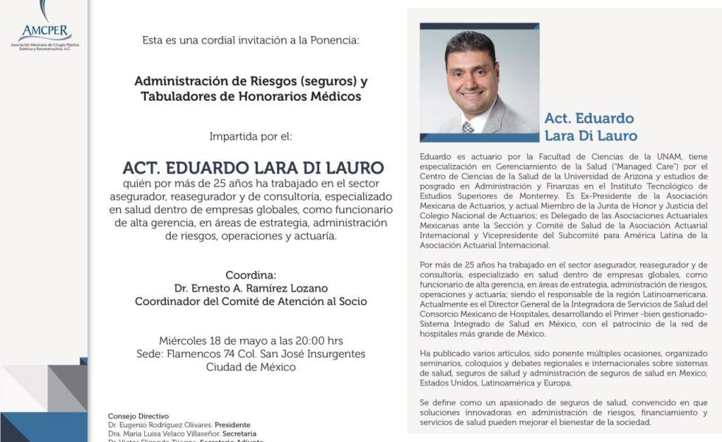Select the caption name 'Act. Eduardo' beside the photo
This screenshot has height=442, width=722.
coord(589,119)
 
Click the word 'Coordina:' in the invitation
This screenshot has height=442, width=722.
coord(250,274)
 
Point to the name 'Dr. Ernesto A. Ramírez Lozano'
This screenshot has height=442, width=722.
coord(250,287)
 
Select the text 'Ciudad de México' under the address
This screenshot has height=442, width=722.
coord(250,367)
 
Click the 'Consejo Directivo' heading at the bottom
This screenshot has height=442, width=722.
coord(139,416)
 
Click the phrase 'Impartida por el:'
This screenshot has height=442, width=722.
coord(250,136)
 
